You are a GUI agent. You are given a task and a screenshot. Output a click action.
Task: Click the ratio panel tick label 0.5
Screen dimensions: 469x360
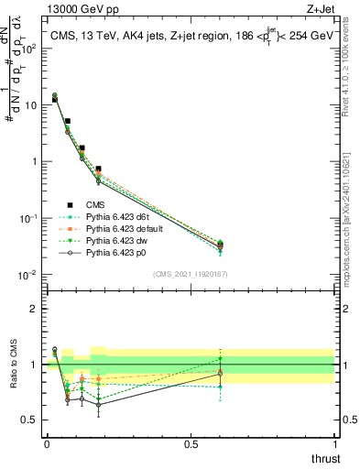click(x=30, y=420)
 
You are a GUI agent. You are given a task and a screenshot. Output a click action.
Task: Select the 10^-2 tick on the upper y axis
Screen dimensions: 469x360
click(x=27, y=275)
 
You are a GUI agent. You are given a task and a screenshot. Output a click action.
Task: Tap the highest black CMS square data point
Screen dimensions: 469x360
click(x=54, y=99)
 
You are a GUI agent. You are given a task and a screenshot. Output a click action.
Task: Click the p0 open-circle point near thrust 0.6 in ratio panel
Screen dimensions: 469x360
click(x=219, y=374)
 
